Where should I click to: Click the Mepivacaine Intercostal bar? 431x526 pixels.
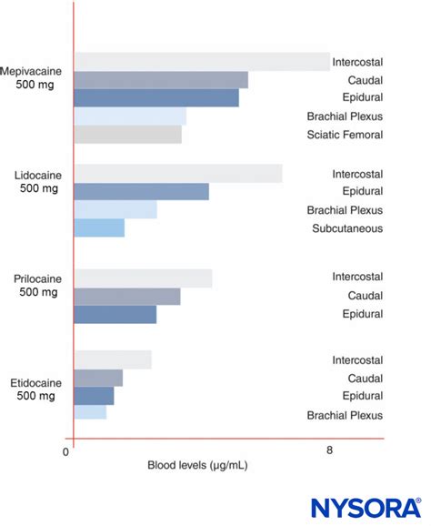click(202, 62)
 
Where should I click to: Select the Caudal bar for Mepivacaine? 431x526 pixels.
click(161, 80)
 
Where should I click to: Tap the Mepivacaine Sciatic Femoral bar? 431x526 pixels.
click(128, 135)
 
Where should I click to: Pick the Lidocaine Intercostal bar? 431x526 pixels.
click(178, 174)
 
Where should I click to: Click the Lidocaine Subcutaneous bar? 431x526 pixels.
click(99, 228)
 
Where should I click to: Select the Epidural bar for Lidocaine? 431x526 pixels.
click(142, 191)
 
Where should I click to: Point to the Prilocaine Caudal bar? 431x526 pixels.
click(127, 297)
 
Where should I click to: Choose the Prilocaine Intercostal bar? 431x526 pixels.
click(143, 278)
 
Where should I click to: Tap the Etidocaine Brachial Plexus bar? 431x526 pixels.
click(91, 412)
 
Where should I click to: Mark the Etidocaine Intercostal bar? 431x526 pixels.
click(113, 359)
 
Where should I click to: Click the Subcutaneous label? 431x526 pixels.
click(347, 228)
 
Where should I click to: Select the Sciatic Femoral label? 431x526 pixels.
click(345, 135)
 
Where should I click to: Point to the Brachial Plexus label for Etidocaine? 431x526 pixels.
click(345, 415)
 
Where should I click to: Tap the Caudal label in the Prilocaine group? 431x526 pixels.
click(366, 296)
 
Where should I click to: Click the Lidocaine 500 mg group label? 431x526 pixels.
click(38, 181)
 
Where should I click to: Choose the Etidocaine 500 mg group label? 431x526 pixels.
click(35, 389)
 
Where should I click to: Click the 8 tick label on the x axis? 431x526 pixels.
click(329, 450)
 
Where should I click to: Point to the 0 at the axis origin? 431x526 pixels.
click(66, 452)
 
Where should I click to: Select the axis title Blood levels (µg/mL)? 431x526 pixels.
click(197, 465)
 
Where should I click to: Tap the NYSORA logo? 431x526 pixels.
click(366, 508)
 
